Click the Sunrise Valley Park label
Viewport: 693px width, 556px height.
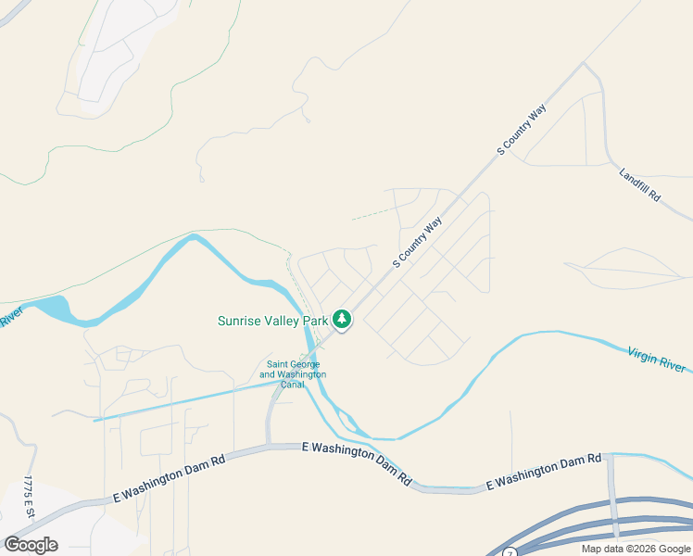point(273,322)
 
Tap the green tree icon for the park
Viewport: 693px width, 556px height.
point(343,320)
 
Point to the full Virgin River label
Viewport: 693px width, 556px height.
point(657,359)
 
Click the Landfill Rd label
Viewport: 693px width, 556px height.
point(640,183)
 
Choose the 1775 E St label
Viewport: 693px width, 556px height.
point(29,498)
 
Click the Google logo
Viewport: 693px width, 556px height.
point(31,545)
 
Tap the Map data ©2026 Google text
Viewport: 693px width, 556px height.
point(636,549)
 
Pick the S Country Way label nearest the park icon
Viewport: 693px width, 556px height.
point(417,243)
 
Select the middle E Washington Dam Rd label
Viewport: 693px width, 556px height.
point(357,462)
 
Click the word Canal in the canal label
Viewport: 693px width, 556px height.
point(293,385)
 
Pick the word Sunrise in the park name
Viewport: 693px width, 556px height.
point(239,322)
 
